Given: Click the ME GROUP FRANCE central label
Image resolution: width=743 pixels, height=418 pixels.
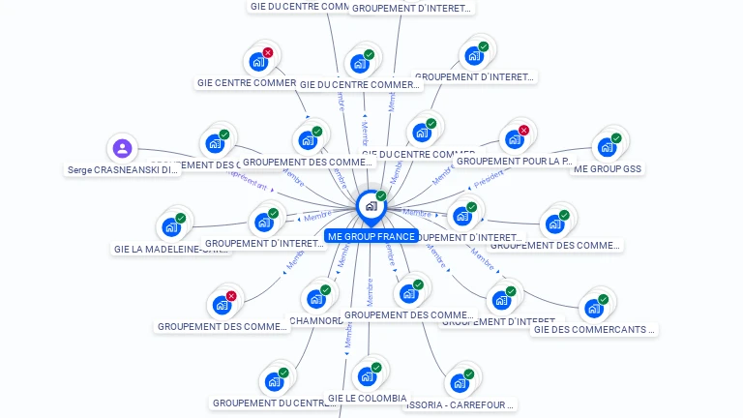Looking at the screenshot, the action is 371,236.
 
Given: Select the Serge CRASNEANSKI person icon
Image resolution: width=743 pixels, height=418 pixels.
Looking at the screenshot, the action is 122,148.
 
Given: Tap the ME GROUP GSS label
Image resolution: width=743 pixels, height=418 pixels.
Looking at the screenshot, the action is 608,168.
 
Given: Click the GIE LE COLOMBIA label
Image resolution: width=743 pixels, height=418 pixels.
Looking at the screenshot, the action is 367,398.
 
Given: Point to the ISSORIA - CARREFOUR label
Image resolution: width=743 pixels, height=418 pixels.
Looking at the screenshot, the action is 460,404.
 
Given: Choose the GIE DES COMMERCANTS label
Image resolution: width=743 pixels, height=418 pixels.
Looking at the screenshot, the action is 593,330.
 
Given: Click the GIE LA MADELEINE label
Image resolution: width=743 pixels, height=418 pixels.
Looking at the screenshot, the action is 172,249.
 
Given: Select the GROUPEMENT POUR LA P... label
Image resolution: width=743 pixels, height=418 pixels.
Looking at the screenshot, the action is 514,161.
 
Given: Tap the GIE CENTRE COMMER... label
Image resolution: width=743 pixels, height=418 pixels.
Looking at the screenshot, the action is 247,83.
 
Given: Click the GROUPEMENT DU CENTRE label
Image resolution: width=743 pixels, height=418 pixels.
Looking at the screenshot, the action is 274,403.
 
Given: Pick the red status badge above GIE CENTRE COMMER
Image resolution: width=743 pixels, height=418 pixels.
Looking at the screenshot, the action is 268,52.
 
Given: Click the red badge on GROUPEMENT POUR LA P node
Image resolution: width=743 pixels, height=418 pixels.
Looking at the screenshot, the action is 523,130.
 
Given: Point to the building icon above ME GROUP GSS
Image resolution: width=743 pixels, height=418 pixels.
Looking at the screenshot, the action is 606,147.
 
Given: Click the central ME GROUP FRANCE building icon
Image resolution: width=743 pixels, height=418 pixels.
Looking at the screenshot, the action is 370,206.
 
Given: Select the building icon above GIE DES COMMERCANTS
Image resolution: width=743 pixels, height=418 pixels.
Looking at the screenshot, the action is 592,309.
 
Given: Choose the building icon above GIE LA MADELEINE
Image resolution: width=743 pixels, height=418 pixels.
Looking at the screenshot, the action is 170,227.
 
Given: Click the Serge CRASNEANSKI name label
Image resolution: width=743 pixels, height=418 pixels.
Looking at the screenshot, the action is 122,170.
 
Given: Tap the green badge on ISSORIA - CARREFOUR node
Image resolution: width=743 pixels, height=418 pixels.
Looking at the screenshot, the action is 469,373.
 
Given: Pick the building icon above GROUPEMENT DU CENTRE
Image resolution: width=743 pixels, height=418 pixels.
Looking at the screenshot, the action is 273,381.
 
